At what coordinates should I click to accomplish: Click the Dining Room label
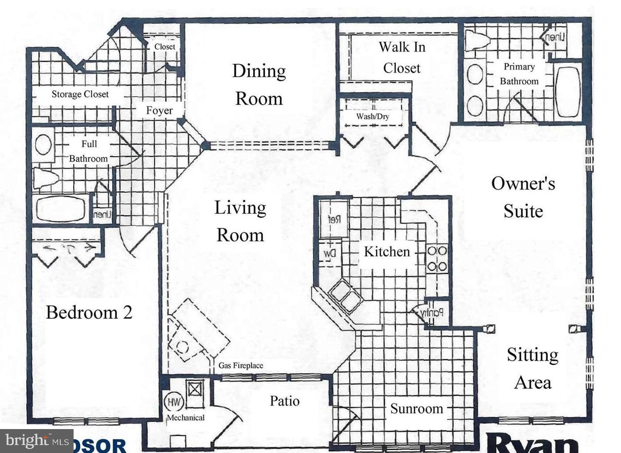tap(259, 84)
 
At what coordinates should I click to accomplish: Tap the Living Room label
tap(240, 221)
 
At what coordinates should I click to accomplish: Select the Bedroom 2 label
tap(89, 312)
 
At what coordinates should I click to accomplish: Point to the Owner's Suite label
tap(523, 197)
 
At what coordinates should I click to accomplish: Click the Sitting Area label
tap(532, 368)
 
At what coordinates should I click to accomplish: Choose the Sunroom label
tap(416, 409)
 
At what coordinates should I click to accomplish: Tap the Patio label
tap(285, 401)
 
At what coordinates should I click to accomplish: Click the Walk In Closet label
tap(402, 57)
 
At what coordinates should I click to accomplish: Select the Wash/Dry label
tap(372, 117)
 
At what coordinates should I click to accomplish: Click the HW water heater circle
tap(174, 402)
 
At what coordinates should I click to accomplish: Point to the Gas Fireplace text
tap(241, 366)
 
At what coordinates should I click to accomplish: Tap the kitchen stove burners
tap(437, 259)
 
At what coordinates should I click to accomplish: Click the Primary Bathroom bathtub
tap(567, 92)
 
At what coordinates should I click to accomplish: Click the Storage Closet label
tap(80, 94)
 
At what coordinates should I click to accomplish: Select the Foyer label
tap(159, 110)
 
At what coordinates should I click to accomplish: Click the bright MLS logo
tap(36, 441)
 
